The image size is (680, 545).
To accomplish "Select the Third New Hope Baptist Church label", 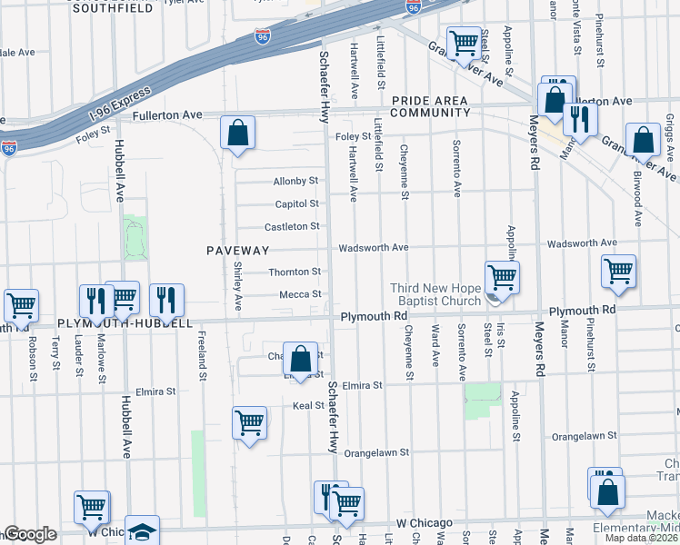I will (435, 294).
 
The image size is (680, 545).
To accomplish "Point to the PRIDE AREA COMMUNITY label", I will (431, 106).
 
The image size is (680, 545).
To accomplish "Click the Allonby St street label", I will (295, 182).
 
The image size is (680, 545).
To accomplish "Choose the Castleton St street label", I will (292, 226).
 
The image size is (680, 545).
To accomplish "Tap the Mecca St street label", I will (300, 294).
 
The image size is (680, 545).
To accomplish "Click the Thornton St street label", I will (295, 272).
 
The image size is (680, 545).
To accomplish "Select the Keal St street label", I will (308, 405).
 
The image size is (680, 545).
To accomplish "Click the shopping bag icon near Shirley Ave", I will (237, 134).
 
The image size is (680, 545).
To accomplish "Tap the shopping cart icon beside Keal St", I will (249, 422).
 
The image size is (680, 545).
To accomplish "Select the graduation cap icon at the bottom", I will (141, 531).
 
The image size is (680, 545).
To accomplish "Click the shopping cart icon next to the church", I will (501, 277).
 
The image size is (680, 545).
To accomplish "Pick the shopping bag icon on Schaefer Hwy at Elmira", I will (300, 358).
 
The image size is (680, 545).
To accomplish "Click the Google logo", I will (29, 535).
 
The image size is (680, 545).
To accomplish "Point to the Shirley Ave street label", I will (238, 286).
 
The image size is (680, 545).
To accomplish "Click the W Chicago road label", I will (424, 523).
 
